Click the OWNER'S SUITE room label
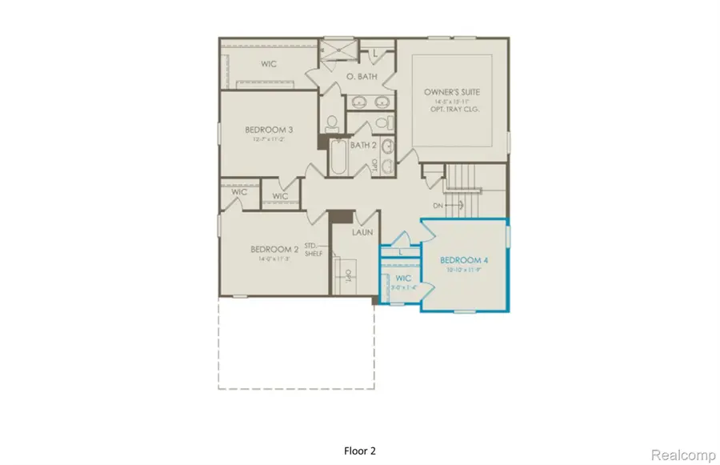[452, 92]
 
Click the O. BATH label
[361, 77]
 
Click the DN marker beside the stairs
[437, 205]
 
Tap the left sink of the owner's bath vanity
[358, 102]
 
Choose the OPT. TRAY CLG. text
[452, 110]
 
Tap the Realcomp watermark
[682, 455]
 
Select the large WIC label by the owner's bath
[269, 63]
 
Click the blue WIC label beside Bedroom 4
[402, 279]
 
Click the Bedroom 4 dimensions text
[463, 271]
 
